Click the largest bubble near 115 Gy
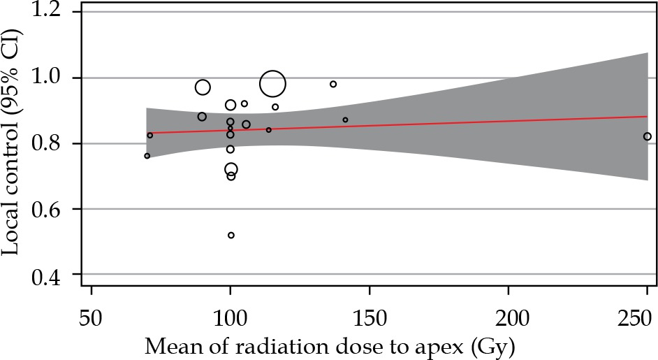tap(272, 84)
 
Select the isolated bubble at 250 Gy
tap(648, 136)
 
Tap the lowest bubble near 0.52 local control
tap(231, 235)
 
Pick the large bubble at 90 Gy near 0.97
tap(203, 87)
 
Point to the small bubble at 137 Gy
tap(333, 84)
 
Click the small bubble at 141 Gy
tap(345, 120)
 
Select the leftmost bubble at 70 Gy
tap(147, 156)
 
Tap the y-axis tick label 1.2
tap(53, 13)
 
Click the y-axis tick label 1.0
tap(53, 78)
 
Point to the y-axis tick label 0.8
tap(53, 143)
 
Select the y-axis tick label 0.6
tap(53, 209)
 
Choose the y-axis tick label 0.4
tap(53, 275)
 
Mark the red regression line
tap(419, 124)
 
